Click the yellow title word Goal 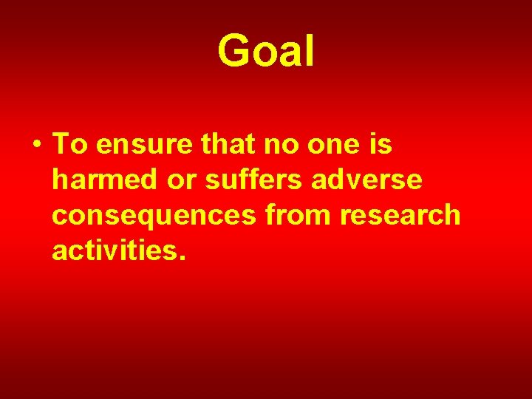[x=266, y=52]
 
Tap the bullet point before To [x=36, y=146]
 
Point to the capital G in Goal [x=233, y=52]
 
